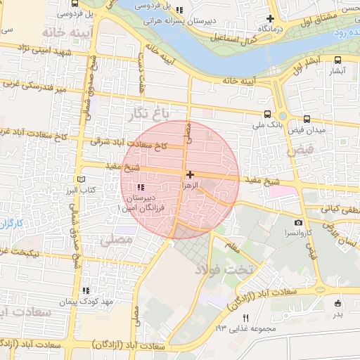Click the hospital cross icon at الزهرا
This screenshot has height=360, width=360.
coord(190,174)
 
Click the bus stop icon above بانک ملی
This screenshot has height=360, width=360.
coord(266,114)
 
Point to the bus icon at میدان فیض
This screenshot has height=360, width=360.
coord(307,120)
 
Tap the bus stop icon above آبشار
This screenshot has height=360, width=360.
coord(337,60)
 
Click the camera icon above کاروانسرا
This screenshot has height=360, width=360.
coord(299,222)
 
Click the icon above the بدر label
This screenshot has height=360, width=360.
coord(337,304)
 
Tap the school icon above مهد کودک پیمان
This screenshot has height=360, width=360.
coord(86,290)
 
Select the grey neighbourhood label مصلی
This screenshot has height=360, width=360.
coord(115,240)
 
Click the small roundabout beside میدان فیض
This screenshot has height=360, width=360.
coord(282,116)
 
